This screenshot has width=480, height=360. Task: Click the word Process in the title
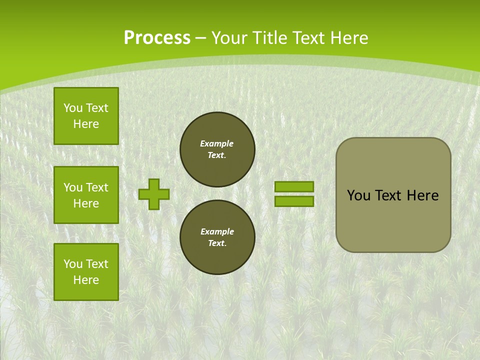point(157,38)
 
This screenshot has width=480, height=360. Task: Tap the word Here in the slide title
point(347,38)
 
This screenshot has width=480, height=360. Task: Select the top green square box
point(86,116)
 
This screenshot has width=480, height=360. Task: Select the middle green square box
point(86,195)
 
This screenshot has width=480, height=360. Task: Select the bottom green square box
point(86,272)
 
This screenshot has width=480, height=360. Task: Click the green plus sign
point(154,194)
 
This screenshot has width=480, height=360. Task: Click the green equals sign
point(294,194)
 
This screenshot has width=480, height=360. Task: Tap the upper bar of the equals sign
point(294,186)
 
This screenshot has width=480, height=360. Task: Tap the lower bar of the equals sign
point(294,201)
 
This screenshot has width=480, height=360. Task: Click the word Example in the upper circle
point(217,143)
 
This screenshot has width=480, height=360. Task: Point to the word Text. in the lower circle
point(217,243)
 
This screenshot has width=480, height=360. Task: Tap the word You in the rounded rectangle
point(358,195)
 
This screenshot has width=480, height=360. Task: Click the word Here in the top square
point(86,124)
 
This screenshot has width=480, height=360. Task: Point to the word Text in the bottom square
point(96,264)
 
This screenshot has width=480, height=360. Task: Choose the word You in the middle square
point(73,187)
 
